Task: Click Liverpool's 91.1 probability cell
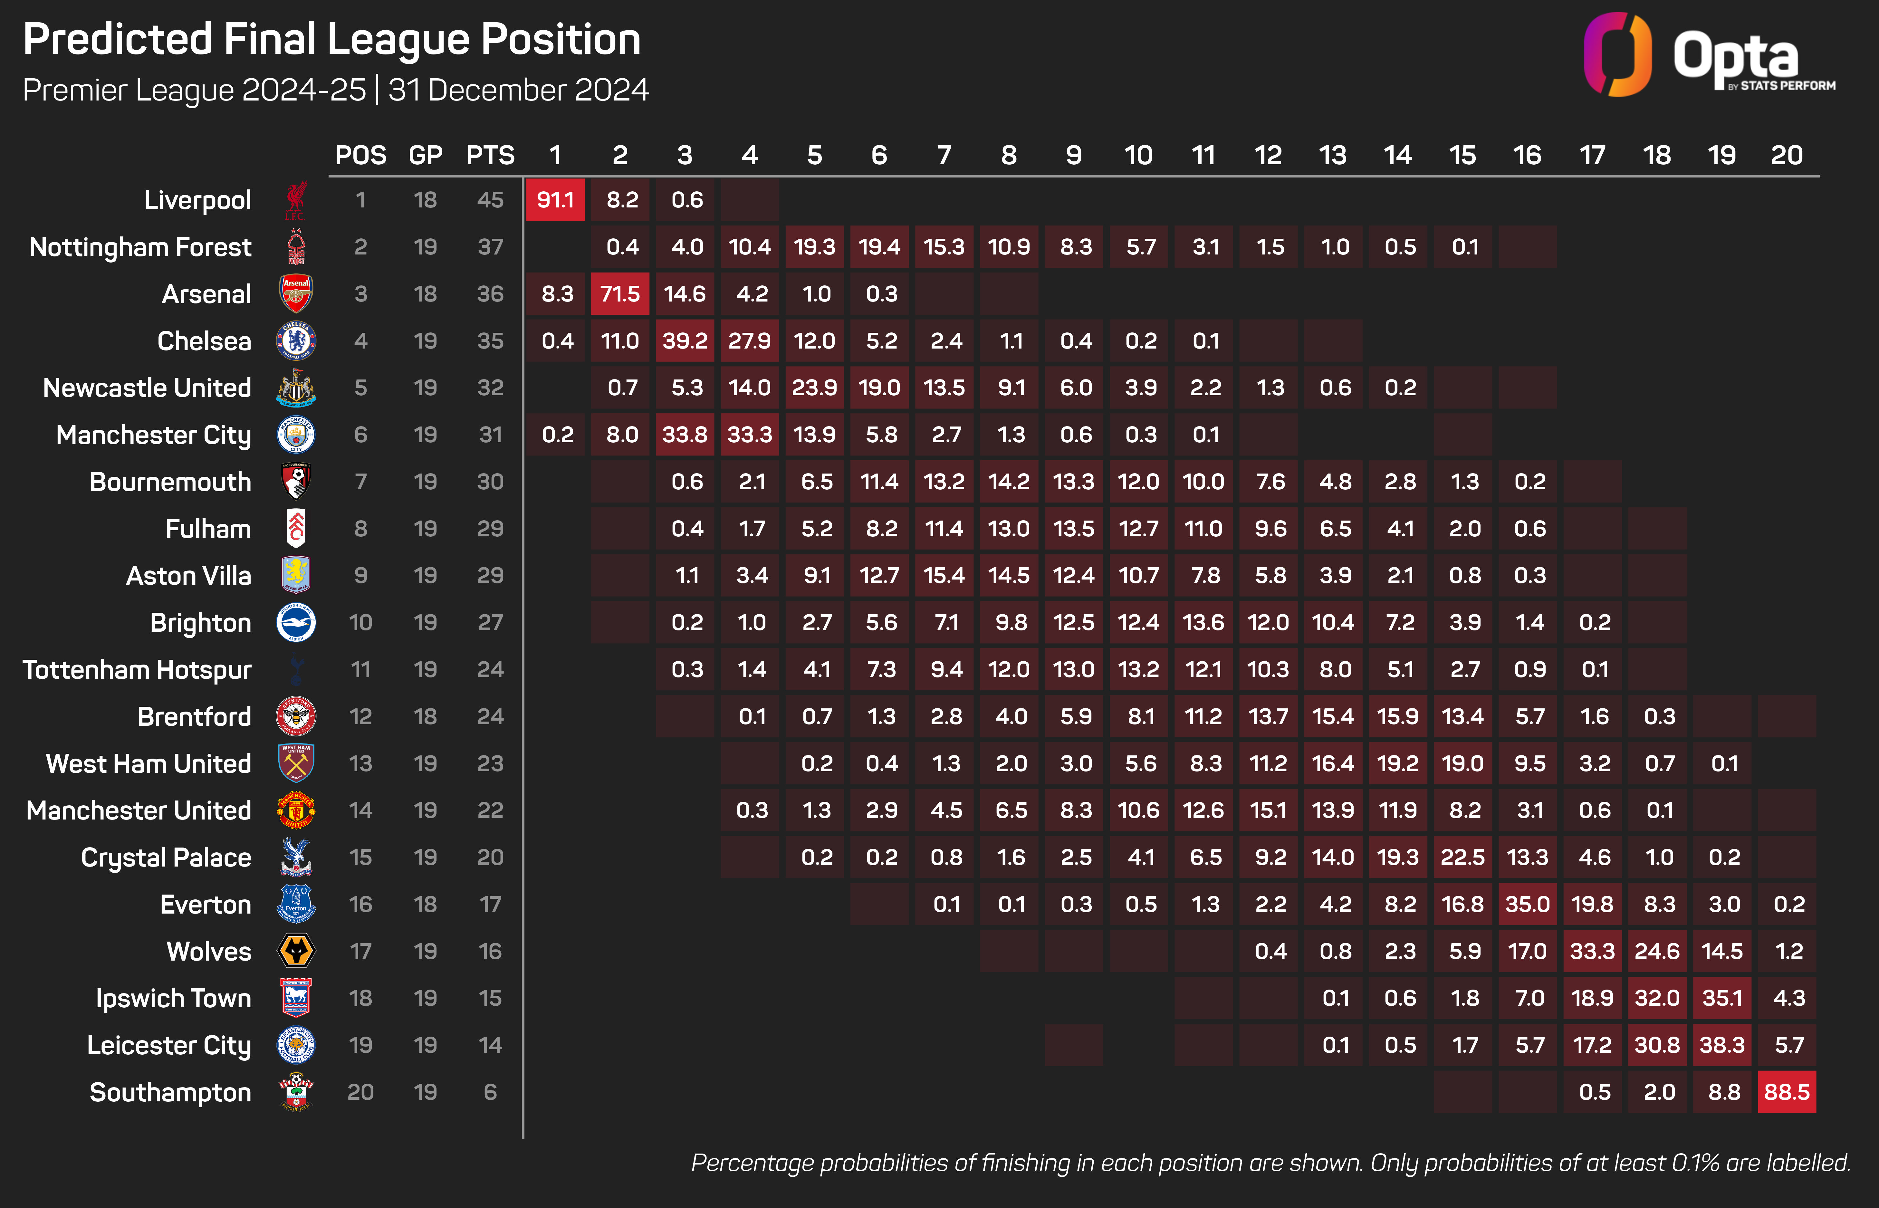pos(555,200)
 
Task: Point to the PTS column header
pos(490,155)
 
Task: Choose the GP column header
pos(425,155)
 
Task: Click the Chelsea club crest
pos(296,340)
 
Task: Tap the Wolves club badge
pos(296,951)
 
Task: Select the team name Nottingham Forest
pos(140,247)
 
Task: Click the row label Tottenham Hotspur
pos(137,670)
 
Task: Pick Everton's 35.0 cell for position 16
pos(1527,905)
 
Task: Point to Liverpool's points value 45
pos(490,200)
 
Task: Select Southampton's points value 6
pos(490,1092)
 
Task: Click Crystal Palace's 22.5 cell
pos(1462,858)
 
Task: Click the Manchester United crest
pos(296,810)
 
